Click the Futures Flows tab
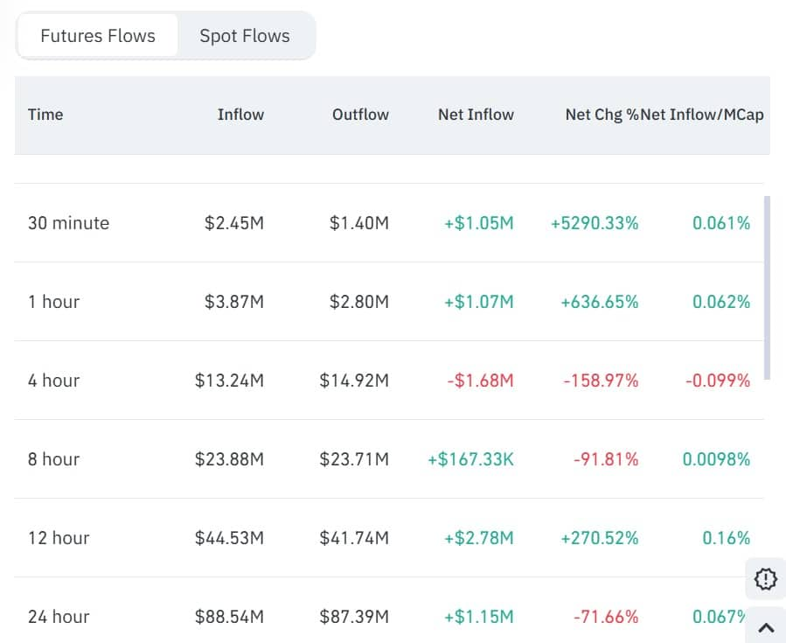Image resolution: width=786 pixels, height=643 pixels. [98, 36]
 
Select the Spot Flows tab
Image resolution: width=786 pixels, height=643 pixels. [244, 36]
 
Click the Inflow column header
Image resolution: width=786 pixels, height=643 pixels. [240, 115]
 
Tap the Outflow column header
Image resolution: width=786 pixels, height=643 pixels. [360, 115]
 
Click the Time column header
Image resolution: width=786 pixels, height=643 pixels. [45, 115]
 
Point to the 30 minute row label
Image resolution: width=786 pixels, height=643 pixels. [68, 223]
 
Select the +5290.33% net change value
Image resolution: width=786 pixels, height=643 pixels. [595, 223]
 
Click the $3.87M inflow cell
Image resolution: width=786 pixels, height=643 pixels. [233, 302]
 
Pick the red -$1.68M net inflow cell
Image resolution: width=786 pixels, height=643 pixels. [479, 381]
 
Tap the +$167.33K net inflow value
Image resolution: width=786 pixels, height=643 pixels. [470, 459]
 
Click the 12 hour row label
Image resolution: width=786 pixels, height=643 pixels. [59, 538]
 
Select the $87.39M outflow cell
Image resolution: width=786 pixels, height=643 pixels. [354, 617]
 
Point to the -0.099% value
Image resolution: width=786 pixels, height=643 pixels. [716, 381]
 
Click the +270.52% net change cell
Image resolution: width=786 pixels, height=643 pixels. [600, 538]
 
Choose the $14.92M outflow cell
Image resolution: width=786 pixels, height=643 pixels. [354, 381]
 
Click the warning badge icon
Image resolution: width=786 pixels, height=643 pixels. [765, 578]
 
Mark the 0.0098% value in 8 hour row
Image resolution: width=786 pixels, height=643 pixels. [716, 459]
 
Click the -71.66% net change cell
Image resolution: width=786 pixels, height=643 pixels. [606, 617]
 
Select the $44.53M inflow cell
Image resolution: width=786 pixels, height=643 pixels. [229, 538]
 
